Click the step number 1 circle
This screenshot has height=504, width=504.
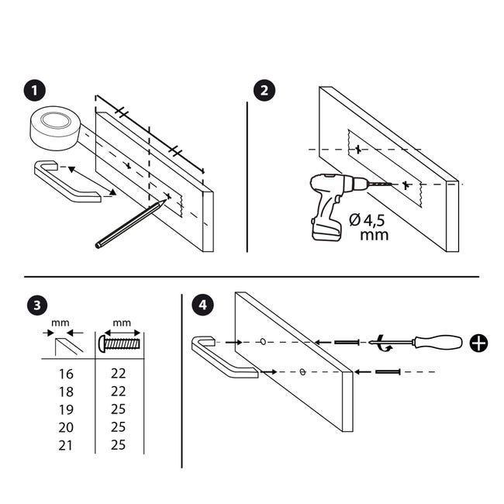[35, 90]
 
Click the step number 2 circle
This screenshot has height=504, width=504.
[264, 90]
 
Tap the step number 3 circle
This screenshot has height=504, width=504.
[37, 305]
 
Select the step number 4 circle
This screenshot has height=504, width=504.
[202, 305]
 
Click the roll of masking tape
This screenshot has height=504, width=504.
[55, 128]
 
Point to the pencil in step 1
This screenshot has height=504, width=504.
[130, 223]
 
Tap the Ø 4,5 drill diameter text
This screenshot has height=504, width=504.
[367, 220]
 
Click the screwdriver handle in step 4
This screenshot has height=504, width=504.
[438, 343]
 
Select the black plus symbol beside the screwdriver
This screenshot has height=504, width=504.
[478, 343]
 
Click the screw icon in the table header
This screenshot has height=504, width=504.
[120, 343]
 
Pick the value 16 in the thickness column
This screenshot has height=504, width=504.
[66, 374]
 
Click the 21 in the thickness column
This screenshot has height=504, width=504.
[66, 446]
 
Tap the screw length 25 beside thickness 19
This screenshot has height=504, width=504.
[119, 409]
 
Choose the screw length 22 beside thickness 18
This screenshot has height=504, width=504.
[119, 392]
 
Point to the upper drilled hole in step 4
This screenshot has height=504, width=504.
[263, 341]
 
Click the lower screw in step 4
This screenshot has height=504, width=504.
[388, 372]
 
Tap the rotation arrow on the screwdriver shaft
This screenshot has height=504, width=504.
[384, 343]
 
